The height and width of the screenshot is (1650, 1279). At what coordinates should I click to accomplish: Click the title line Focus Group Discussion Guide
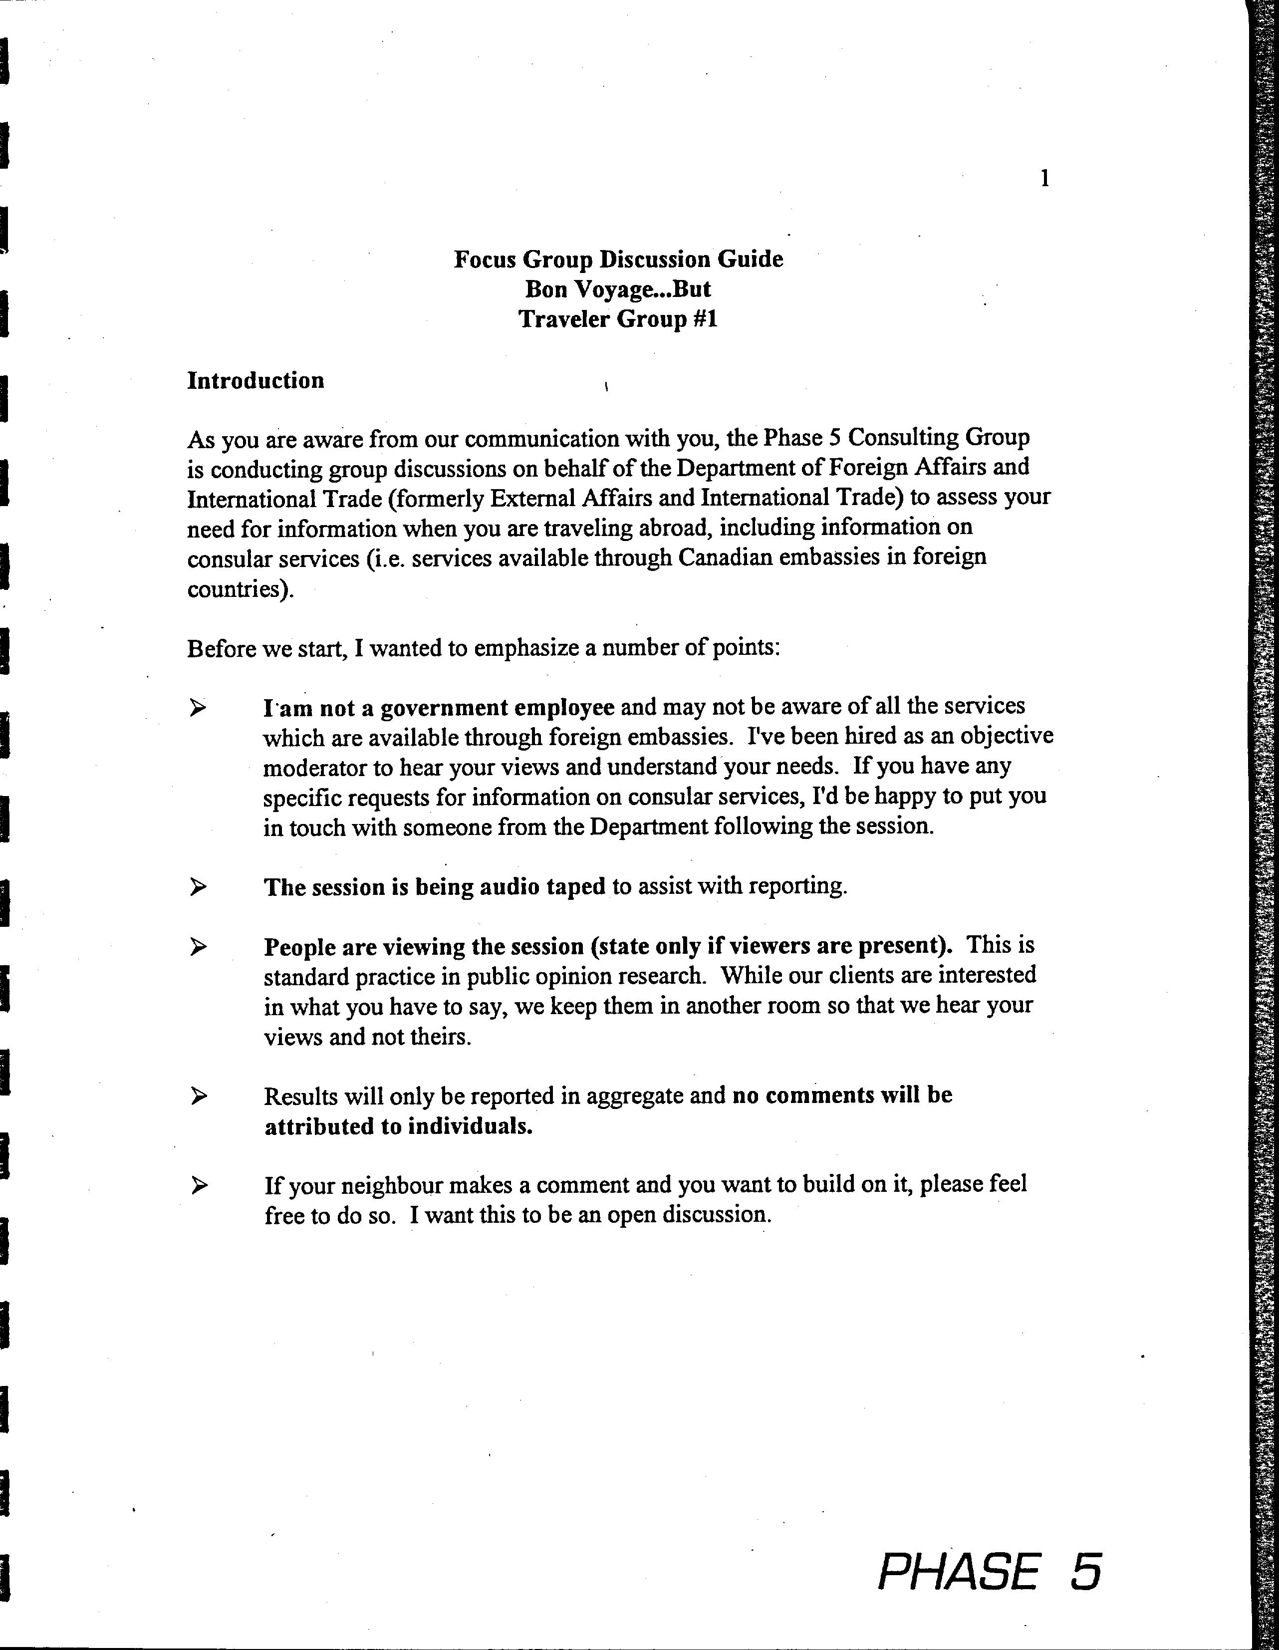(x=618, y=259)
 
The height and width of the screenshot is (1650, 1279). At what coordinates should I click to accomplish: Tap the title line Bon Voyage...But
(x=618, y=289)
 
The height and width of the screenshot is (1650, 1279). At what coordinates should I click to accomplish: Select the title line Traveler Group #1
(x=618, y=319)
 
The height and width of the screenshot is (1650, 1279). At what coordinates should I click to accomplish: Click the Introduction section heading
(x=256, y=380)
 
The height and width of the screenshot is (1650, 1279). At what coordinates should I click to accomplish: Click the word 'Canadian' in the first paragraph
(x=725, y=557)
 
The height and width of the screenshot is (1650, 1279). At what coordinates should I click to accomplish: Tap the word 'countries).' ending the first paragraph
(x=240, y=588)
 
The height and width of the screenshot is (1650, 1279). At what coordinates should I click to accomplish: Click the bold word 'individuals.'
(x=470, y=1126)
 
